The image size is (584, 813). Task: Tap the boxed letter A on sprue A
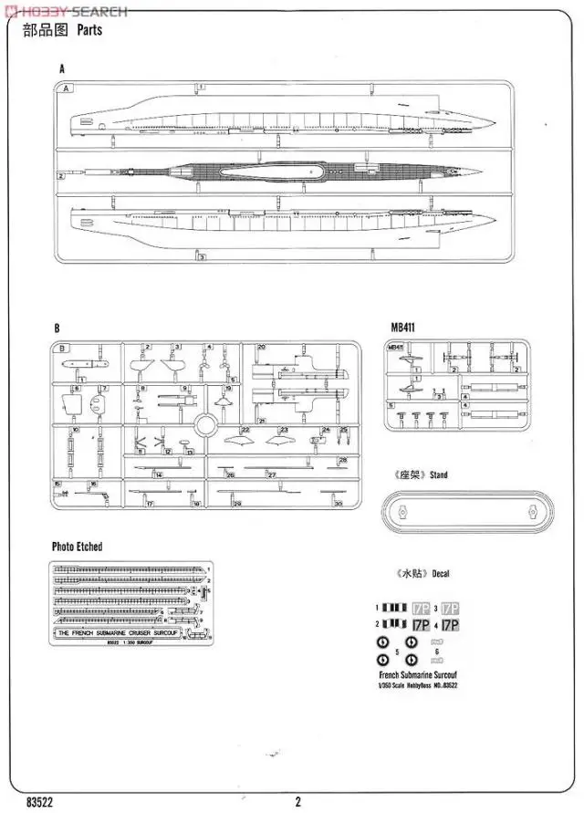click(67, 89)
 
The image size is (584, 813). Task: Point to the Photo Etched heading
click(77, 547)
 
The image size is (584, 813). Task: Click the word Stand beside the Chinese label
click(440, 474)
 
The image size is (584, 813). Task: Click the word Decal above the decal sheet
click(441, 574)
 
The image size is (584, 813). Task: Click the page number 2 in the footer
click(297, 802)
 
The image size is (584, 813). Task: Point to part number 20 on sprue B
click(261, 348)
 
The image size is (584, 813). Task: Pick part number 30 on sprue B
click(338, 504)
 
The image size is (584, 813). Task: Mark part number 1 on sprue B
click(82, 378)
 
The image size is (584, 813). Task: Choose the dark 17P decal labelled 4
click(450, 625)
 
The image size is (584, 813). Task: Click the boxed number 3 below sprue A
click(201, 257)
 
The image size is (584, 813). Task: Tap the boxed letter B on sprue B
click(62, 349)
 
